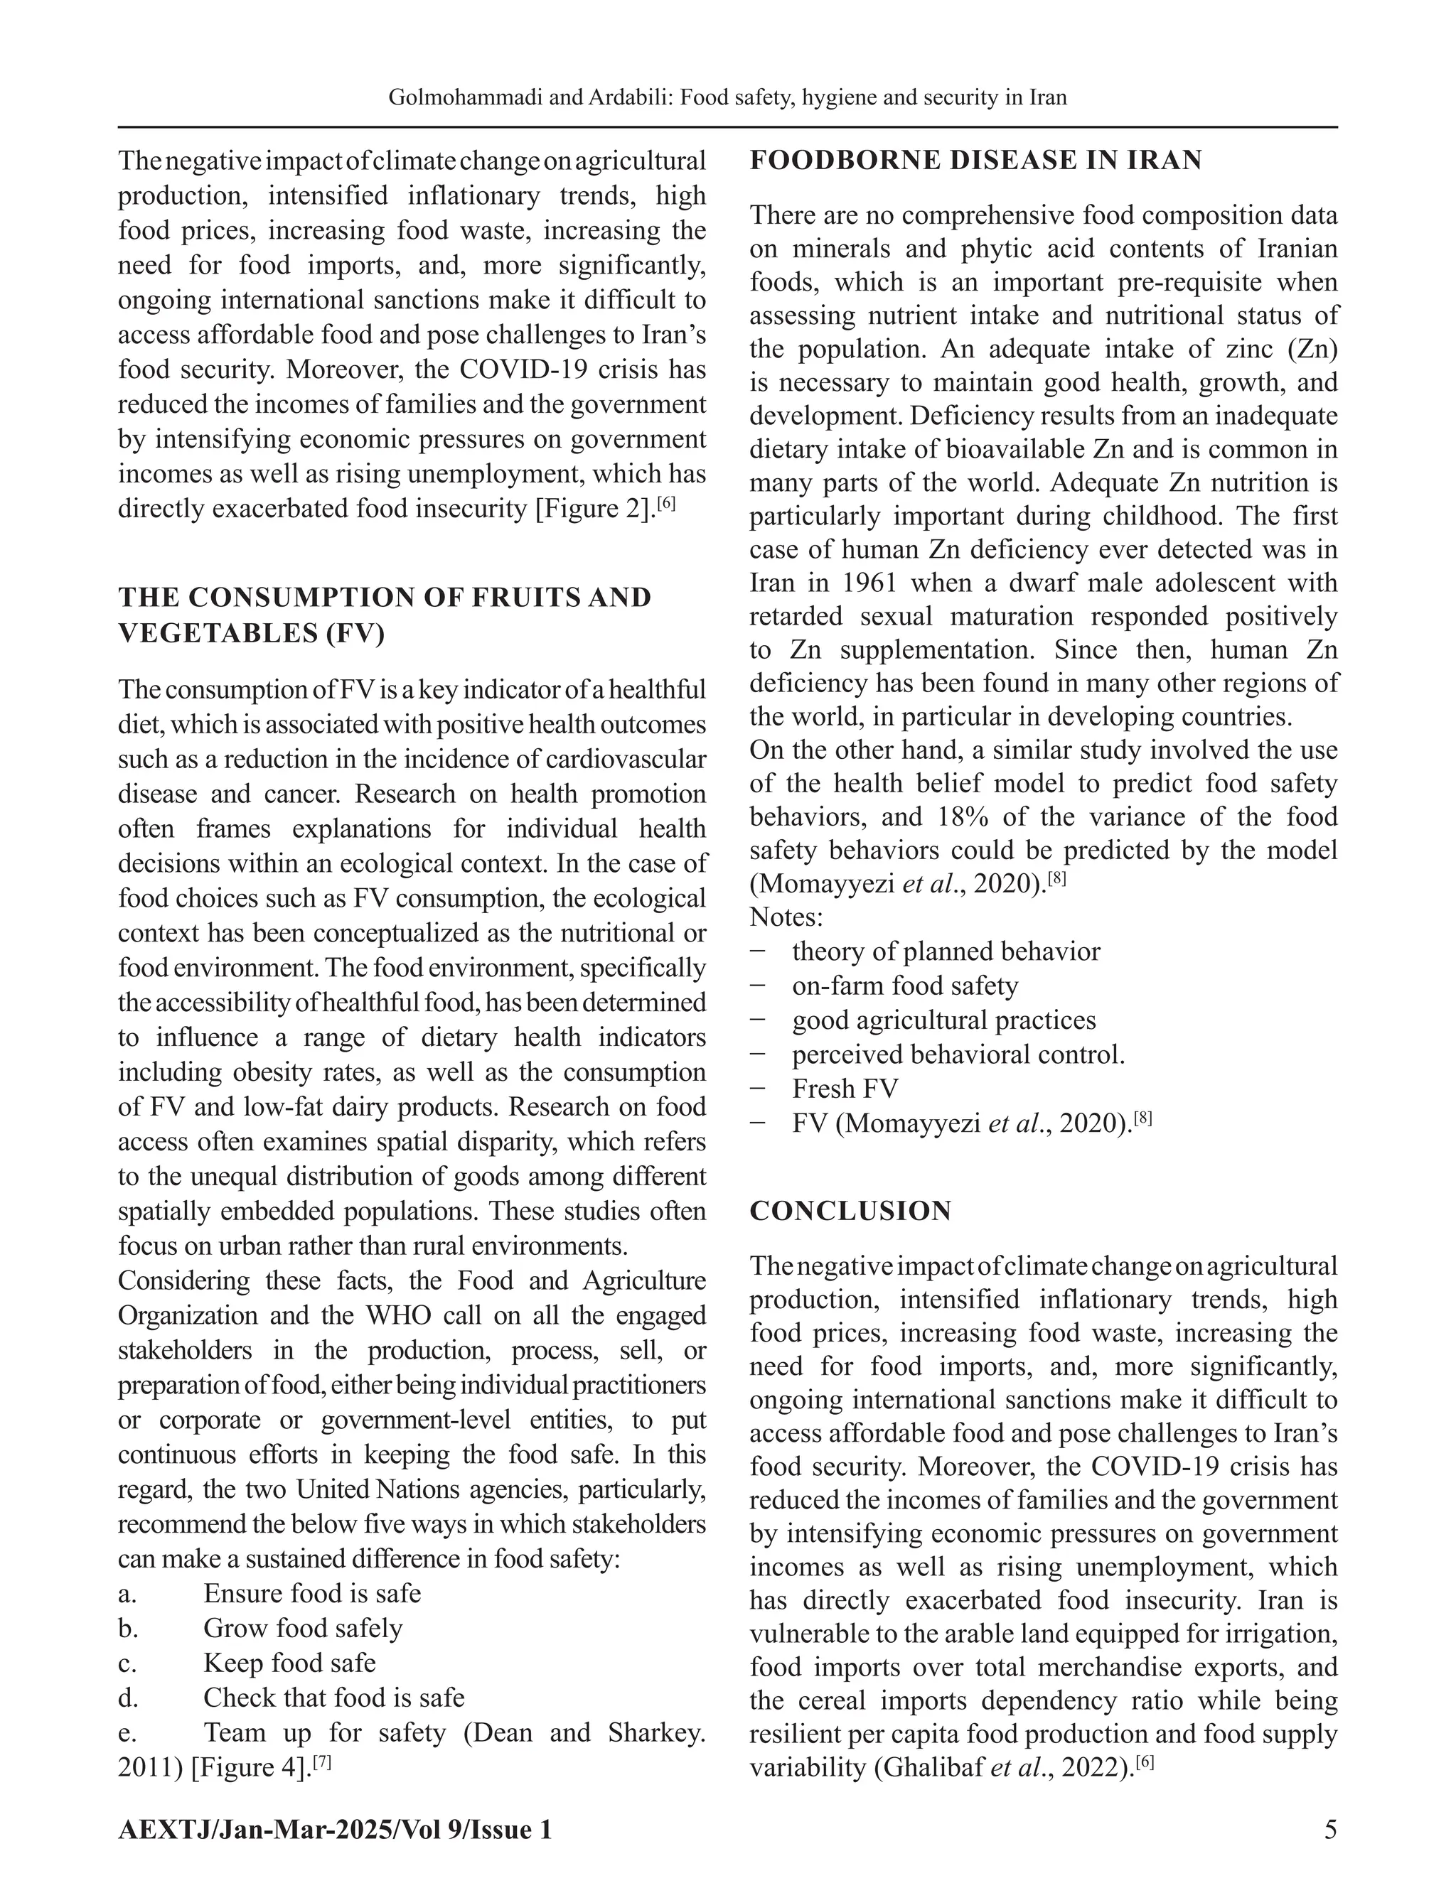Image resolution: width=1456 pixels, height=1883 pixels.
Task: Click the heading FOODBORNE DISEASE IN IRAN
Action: point(975,161)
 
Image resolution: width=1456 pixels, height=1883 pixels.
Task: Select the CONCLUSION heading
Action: point(850,1211)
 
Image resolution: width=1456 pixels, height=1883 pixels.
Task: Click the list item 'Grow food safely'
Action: point(302,1628)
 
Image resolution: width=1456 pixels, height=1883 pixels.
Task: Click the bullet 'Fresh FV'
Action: point(845,1089)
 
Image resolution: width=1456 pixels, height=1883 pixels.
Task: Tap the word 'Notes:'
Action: point(786,917)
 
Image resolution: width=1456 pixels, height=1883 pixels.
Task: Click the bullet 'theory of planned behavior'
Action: point(946,951)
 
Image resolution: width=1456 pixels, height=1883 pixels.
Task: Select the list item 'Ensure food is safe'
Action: point(311,1593)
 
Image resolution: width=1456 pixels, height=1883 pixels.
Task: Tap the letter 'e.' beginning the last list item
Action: point(128,1733)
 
